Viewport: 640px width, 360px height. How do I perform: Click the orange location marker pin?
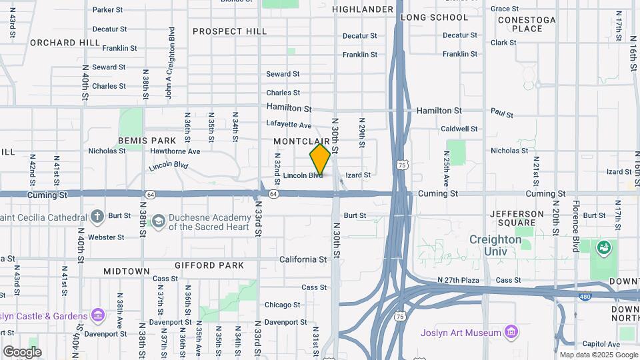(x=320, y=159)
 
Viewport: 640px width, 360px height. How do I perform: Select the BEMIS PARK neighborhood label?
(x=147, y=141)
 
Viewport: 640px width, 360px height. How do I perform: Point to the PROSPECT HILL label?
(x=229, y=31)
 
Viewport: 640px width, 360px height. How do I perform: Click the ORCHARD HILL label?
(x=65, y=43)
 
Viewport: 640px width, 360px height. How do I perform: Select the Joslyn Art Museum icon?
(x=511, y=332)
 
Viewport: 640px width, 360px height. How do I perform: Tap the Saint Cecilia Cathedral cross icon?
(x=97, y=216)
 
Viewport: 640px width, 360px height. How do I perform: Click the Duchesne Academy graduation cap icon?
(x=158, y=221)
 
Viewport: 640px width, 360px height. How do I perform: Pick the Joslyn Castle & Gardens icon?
(x=98, y=315)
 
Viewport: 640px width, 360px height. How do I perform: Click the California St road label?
(x=302, y=259)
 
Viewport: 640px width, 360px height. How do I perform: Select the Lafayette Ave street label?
(x=289, y=125)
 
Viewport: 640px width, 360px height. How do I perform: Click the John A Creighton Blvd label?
(x=171, y=63)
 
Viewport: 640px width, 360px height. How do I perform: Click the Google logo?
(x=22, y=351)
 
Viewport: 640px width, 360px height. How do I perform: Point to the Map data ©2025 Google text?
(x=599, y=355)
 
